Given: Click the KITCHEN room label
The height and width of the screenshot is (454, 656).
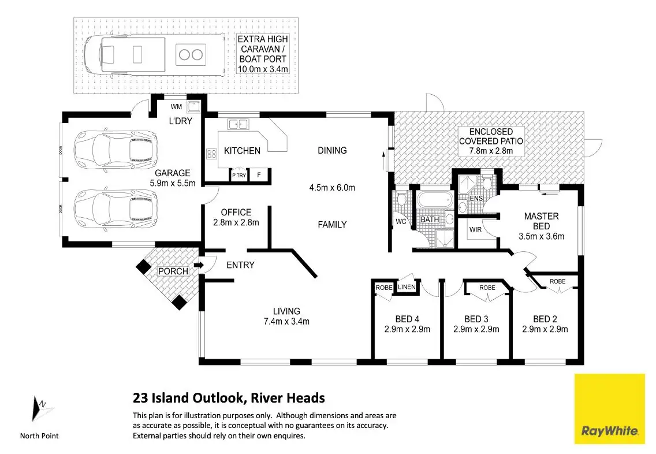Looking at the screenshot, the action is pos(242,151).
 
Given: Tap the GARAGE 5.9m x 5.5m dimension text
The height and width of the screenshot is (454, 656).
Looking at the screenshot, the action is pos(172,183).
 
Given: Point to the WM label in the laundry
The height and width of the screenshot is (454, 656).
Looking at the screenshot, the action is pos(176,107).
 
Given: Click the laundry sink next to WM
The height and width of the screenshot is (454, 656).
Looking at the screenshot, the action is pos(193,106).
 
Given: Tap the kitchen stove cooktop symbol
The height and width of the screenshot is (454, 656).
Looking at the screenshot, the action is pos(211,154).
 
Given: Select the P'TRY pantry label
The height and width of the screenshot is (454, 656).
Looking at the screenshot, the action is pos(239,176).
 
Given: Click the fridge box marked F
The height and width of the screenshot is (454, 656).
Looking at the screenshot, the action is pos(259,175).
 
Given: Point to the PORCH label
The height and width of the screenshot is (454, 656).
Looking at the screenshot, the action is pos(173,271).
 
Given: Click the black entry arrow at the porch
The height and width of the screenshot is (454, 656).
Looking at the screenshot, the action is pos(198,265).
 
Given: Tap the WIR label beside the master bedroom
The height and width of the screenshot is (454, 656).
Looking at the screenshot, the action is pos(475,230).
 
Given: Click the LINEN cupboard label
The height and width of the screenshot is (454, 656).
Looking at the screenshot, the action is pos(407,286).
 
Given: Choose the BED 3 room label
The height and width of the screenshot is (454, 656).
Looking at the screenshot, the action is pos(476,319).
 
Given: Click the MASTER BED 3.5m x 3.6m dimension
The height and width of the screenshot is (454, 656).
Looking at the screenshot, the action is pos(541,236).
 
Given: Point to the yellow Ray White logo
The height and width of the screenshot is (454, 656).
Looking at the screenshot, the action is pos(609,408).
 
